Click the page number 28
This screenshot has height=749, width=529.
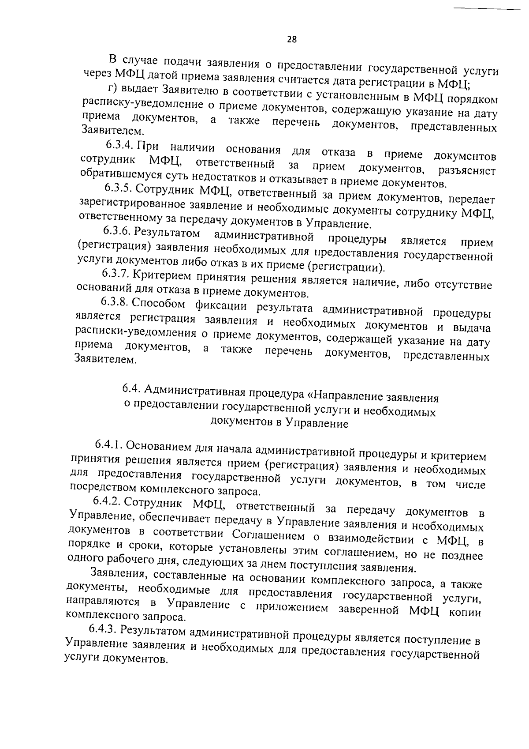pos(292,39)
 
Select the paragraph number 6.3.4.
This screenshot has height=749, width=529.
pos(121,145)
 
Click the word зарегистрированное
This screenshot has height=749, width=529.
pos(132,204)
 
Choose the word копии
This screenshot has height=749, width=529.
pos(466,613)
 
